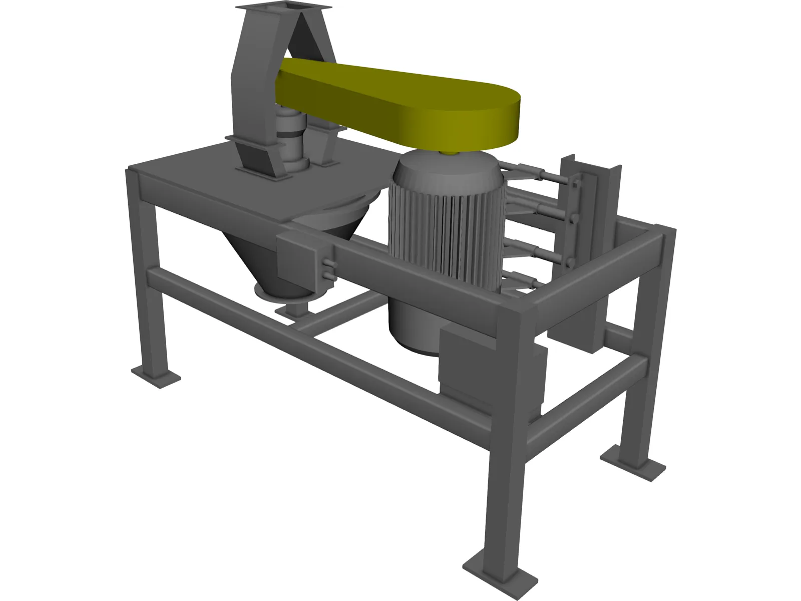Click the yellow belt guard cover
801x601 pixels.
[400, 95]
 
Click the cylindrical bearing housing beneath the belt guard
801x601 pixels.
[293, 138]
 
